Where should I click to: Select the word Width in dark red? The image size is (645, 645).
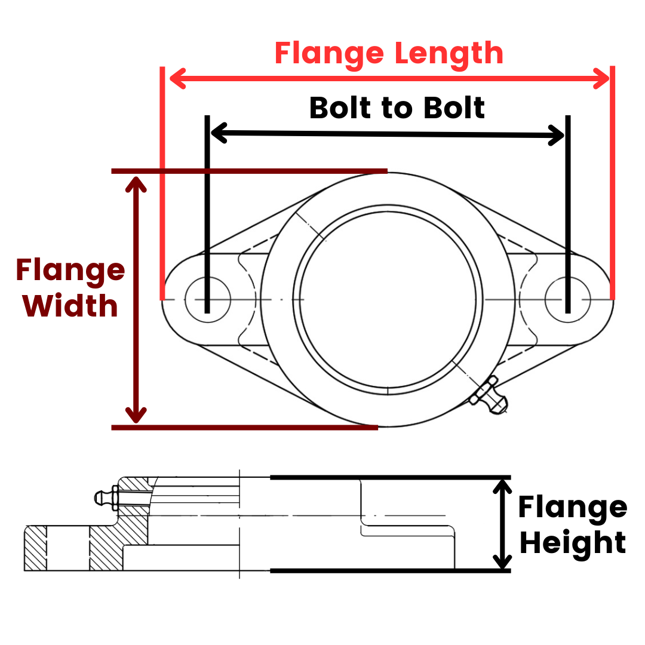70,306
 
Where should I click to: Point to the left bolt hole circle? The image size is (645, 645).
207,299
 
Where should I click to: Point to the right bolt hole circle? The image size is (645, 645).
567,299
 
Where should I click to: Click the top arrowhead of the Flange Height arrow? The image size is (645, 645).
503,487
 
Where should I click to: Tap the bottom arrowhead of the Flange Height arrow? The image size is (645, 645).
503,561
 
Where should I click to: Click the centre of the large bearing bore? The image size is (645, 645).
388,299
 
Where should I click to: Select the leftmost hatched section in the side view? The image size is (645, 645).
35,548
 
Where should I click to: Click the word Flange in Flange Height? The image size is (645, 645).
573,508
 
